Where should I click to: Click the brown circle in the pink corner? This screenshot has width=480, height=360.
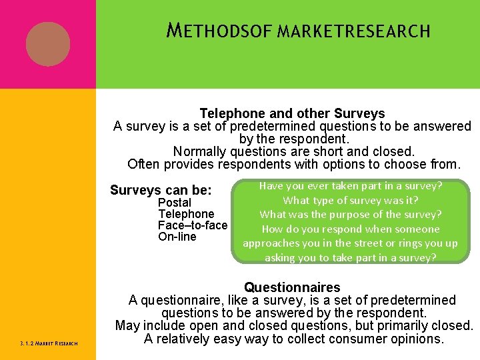(x=48, y=44)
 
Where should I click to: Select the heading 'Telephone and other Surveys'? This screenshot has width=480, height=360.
(x=292, y=114)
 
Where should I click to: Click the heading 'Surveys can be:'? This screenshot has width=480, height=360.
(x=161, y=190)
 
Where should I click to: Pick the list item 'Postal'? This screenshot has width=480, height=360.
(x=174, y=202)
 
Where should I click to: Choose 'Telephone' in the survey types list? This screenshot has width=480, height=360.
(x=186, y=214)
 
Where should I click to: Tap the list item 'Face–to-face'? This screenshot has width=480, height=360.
(x=193, y=225)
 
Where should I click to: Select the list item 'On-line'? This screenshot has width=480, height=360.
(x=177, y=237)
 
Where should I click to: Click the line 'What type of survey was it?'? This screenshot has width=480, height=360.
(x=350, y=200)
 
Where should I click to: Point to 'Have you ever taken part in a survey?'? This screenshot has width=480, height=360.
(x=350, y=186)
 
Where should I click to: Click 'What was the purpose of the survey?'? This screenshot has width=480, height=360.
(x=350, y=214)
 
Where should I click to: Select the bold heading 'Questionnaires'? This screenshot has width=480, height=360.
(x=292, y=288)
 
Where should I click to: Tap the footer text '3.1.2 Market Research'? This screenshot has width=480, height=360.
(x=49, y=343)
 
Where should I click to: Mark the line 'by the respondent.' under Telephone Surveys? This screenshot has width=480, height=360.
(x=293, y=139)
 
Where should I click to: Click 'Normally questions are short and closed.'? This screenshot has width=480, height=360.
(x=293, y=151)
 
